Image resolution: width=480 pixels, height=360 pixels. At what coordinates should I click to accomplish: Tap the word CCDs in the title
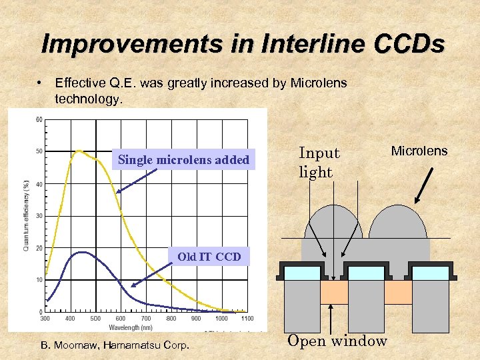pos(410,44)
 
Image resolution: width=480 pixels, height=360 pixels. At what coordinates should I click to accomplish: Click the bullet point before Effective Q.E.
pos(41,83)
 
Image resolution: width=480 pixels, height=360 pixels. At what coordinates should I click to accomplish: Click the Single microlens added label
pos(183,160)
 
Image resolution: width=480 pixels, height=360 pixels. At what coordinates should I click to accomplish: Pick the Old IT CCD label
pos(209,257)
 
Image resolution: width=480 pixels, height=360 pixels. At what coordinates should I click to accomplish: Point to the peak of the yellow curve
pos(79,151)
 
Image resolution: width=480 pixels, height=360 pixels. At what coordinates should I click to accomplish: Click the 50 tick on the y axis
pos(39,151)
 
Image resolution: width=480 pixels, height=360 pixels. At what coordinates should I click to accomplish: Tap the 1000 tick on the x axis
pos(221,319)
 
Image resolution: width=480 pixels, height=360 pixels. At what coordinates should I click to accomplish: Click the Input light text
pos(319,162)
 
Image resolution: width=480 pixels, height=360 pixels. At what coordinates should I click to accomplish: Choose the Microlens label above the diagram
pos(419,151)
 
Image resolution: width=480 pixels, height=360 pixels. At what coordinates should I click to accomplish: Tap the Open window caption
pos(337,341)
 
